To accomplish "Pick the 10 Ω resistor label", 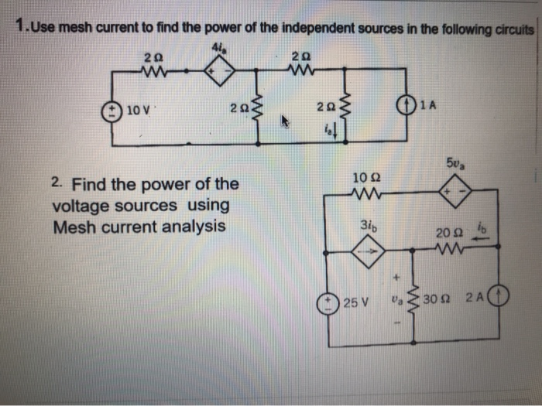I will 363,178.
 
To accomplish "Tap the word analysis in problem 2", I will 196,227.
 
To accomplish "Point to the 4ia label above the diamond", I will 216,49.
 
